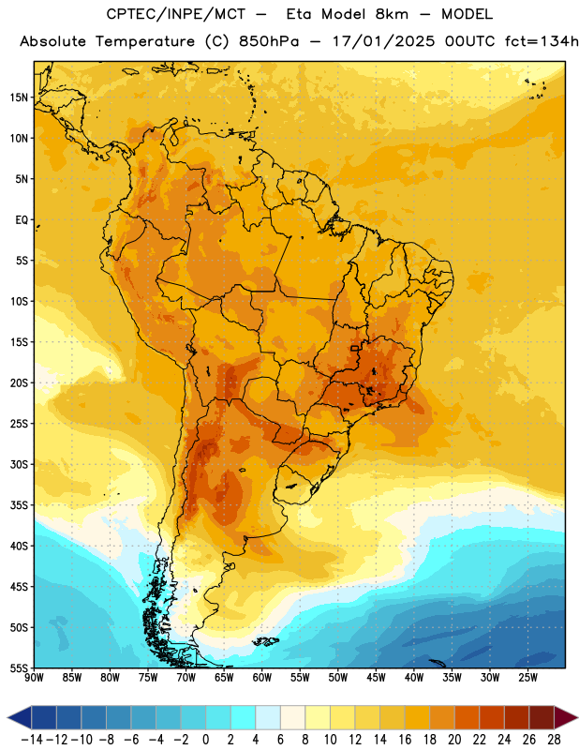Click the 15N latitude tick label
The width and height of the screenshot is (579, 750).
(x=19, y=97)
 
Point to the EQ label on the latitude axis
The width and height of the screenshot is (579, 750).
(x=22, y=220)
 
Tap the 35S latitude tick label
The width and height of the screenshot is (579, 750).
(x=19, y=505)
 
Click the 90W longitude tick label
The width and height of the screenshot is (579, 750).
(x=34, y=678)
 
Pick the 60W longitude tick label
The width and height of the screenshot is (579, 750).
(x=262, y=678)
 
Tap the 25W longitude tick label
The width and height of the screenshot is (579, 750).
(x=527, y=678)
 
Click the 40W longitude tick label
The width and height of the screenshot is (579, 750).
(x=414, y=678)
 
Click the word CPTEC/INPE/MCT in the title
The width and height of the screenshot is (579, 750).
(x=176, y=14)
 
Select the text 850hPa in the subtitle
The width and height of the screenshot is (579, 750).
(x=268, y=41)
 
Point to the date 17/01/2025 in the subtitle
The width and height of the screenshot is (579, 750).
(x=383, y=41)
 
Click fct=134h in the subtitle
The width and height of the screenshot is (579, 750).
(x=542, y=41)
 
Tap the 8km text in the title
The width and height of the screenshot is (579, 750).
(x=392, y=14)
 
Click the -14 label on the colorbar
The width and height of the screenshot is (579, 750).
(x=33, y=740)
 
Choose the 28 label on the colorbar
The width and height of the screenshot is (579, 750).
(x=554, y=740)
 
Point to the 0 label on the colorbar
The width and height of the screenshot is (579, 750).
(x=206, y=740)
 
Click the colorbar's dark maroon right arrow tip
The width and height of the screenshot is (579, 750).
(x=577, y=718)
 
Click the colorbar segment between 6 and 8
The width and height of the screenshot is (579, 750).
(x=293, y=718)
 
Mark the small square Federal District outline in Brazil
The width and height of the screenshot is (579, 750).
(x=355, y=348)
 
